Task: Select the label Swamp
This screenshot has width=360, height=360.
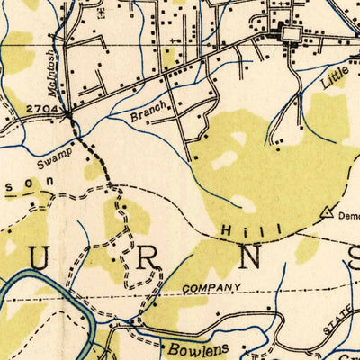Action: click(x=54, y=160)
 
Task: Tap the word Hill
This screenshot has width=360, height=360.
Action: click(x=238, y=232)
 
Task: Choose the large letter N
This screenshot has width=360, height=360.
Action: click(x=252, y=258)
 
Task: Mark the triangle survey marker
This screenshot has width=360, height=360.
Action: click(x=326, y=212)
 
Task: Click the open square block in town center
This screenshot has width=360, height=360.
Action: click(x=292, y=34)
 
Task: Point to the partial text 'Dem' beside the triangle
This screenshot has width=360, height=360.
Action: click(x=347, y=215)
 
